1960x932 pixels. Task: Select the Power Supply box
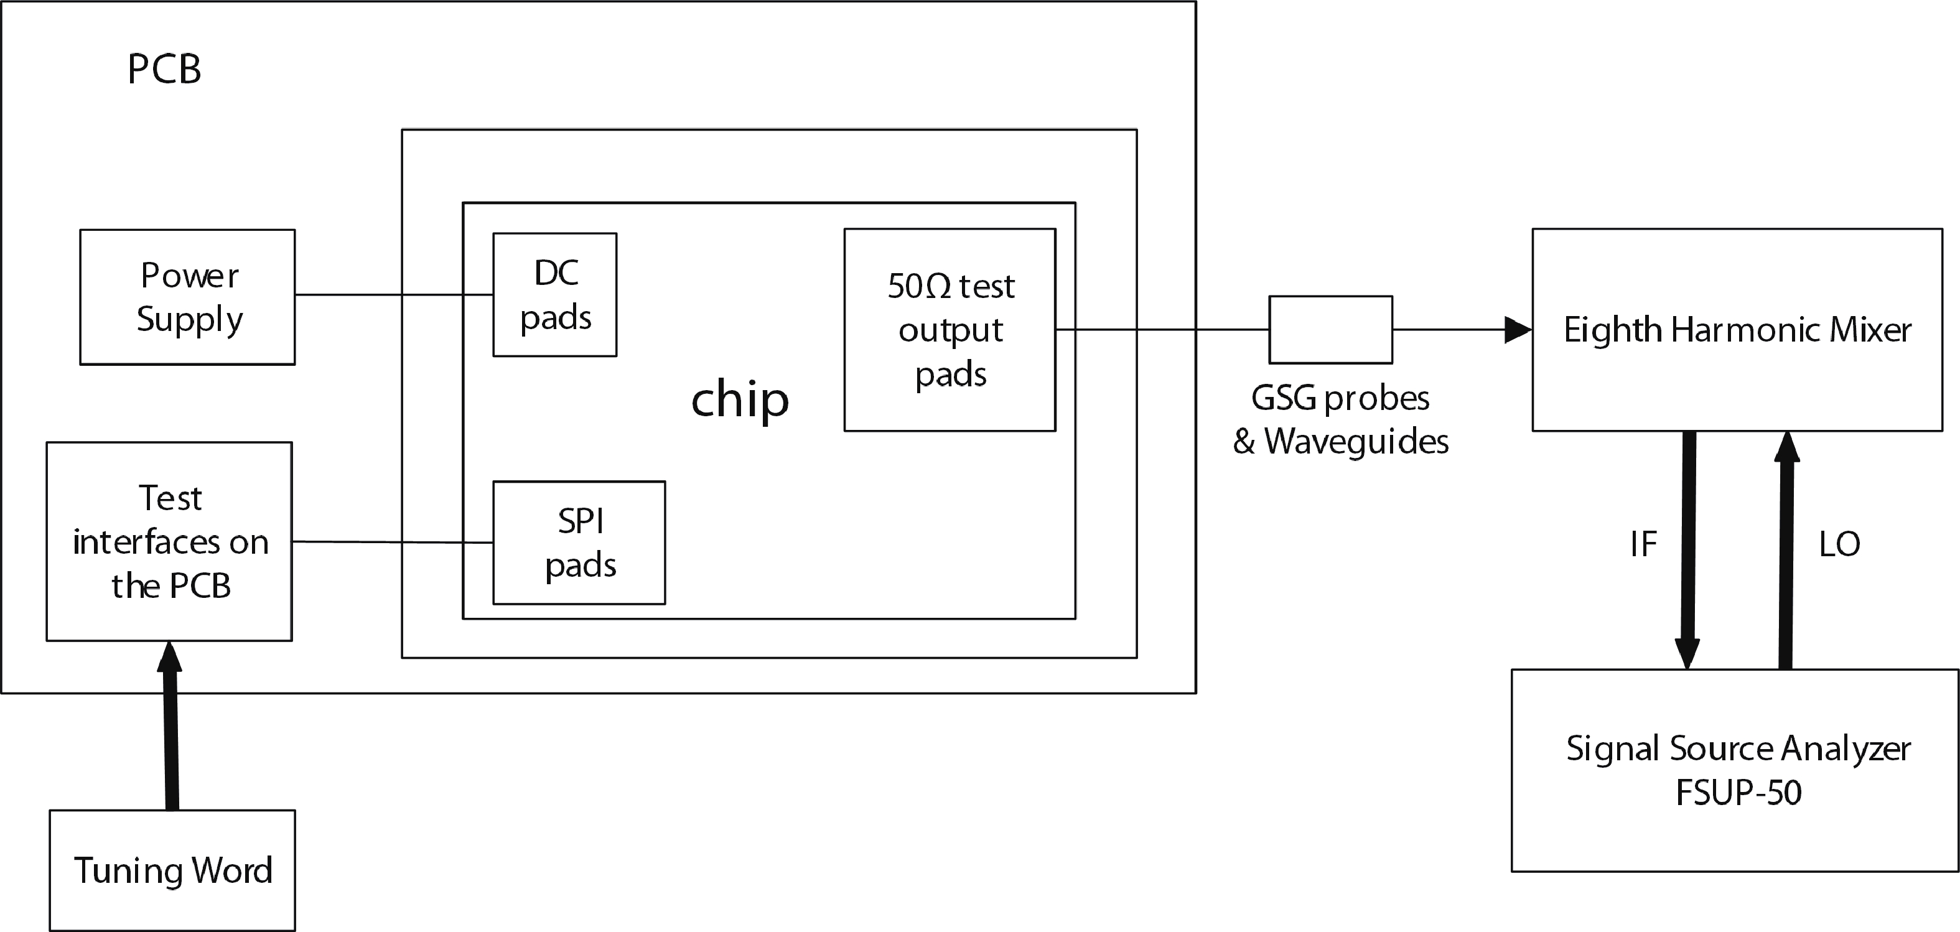click(187, 297)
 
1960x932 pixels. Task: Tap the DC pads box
click(554, 294)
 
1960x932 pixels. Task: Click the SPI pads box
click(579, 543)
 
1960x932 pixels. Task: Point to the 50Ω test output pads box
click(950, 329)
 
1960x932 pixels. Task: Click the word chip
click(740, 399)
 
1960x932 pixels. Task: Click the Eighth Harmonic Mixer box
click(1737, 329)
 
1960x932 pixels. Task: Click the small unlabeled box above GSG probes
click(1330, 329)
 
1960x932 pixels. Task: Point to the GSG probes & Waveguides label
click(1341, 419)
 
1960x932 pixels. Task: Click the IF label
click(1643, 544)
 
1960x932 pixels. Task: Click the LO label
click(1839, 544)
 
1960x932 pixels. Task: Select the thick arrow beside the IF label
click(1687, 548)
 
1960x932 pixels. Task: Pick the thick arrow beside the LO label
click(1786, 548)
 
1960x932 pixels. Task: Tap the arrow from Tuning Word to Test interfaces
click(170, 730)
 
